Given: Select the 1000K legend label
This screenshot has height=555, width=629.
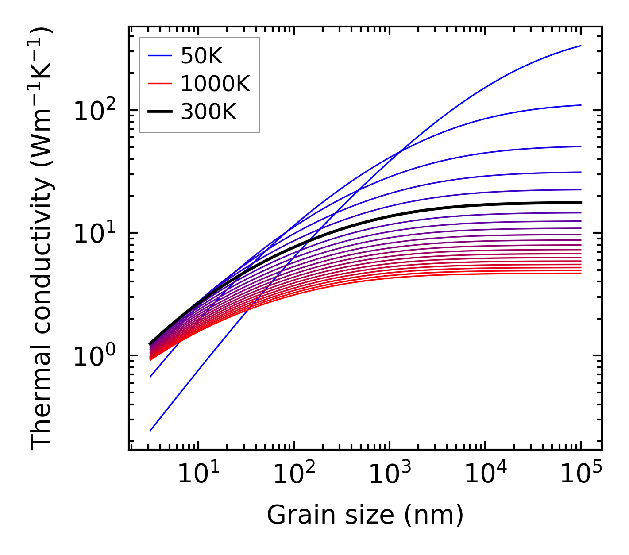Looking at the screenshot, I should click(216, 84).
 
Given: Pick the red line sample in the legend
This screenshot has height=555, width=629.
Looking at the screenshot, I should click(159, 84).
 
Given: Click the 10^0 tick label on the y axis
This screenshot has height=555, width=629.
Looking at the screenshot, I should click(94, 356).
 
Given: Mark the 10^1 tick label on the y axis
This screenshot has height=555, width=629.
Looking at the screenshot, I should click(94, 233).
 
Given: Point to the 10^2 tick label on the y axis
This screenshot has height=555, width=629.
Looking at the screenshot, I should click(94, 111).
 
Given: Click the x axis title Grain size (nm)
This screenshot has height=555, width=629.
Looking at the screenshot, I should click(365, 515).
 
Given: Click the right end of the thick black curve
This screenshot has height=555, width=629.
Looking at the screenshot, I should click(580, 202).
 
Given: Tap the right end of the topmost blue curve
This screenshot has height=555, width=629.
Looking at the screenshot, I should click(580, 46).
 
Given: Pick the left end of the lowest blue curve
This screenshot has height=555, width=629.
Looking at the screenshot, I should click(150, 430).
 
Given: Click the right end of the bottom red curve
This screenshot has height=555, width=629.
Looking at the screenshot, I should click(580, 273).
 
